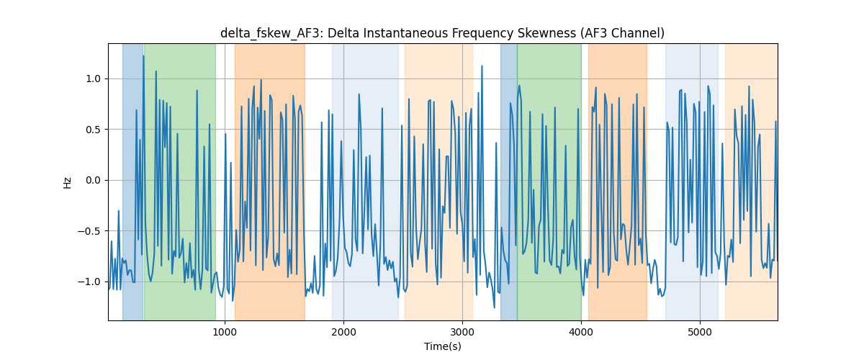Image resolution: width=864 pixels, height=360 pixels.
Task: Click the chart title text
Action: click(x=442, y=33)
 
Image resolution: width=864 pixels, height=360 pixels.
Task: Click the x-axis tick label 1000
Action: click(x=225, y=333)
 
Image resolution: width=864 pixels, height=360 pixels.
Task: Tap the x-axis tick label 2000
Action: click(x=343, y=333)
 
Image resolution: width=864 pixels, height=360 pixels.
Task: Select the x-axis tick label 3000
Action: click(x=462, y=333)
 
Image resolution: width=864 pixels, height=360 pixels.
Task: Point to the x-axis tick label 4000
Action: click(x=581, y=333)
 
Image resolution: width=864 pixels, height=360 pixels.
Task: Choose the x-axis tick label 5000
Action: click(x=700, y=333)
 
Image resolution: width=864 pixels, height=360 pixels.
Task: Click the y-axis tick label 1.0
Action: click(x=93, y=78)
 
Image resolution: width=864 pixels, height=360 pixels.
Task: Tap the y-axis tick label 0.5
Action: click(x=93, y=130)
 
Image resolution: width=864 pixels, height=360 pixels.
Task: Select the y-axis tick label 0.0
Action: click(x=93, y=180)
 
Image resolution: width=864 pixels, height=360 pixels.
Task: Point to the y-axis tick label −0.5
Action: click(x=89, y=231)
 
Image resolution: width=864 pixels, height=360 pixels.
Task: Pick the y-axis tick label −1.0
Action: click(x=89, y=282)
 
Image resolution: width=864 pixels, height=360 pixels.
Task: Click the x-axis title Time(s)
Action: click(x=443, y=346)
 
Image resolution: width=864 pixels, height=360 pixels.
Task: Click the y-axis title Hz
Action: click(x=68, y=183)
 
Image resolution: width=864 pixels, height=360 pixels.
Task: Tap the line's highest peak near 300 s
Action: click(x=143, y=56)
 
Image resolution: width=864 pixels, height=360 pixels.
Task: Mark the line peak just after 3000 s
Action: click(x=482, y=66)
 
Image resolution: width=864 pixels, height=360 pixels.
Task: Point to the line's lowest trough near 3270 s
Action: click(x=495, y=307)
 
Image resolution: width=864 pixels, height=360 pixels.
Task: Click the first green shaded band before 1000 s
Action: click(x=180, y=181)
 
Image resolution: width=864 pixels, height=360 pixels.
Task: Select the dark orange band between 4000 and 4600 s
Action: click(x=618, y=181)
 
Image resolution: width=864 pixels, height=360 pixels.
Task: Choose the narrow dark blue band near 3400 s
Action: click(x=509, y=181)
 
